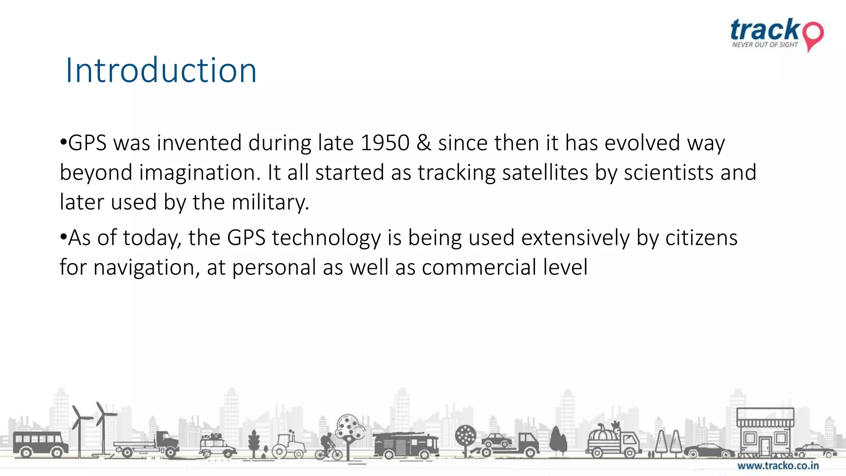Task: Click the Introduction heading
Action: click(161, 70)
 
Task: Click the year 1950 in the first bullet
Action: click(385, 143)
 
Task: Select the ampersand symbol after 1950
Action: click(423, 143)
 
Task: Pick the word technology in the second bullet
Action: click(326, 238)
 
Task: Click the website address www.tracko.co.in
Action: click(778, 466)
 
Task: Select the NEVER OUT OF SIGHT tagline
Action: click(765, 45)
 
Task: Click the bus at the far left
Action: click(40, 444)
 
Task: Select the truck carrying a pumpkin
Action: click(613, 442)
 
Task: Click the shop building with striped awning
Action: click(765, 432)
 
